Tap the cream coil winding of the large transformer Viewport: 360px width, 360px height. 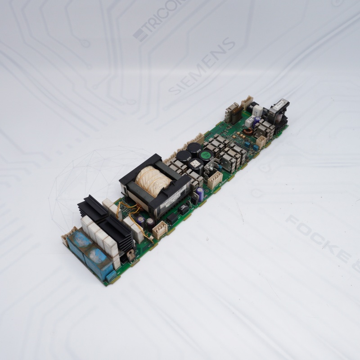153,180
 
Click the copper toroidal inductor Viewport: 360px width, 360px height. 247,133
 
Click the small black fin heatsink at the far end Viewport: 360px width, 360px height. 234,113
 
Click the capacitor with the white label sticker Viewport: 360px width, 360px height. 195,165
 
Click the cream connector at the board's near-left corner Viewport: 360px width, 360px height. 69,236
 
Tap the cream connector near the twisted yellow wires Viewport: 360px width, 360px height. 160,230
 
